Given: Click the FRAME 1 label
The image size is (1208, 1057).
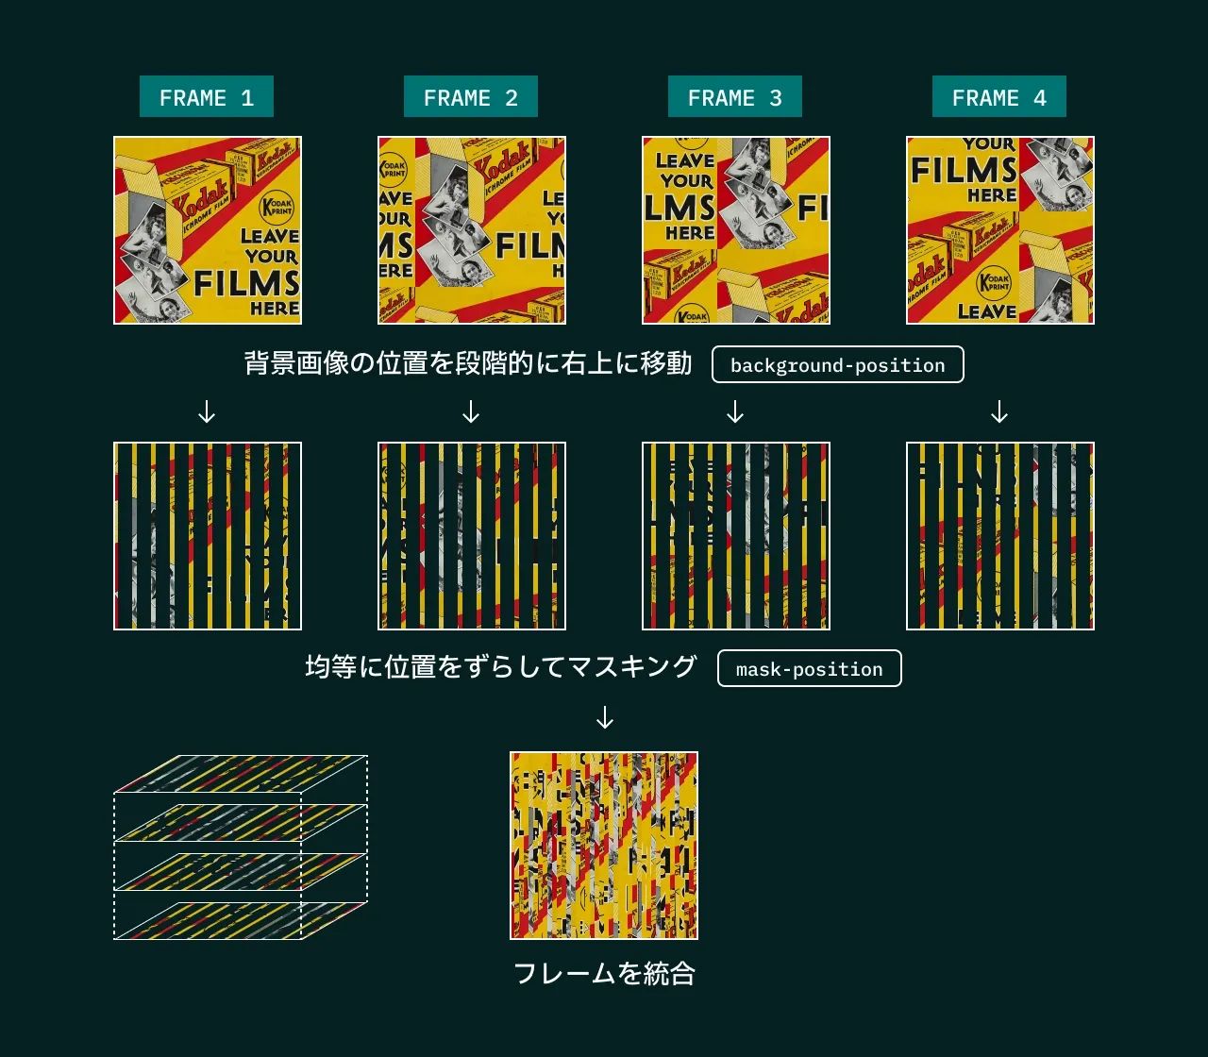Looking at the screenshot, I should click(207, 97).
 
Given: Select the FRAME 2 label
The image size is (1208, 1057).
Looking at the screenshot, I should click(471, 97).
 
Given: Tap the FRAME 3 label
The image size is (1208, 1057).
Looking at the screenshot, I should click(735, 97).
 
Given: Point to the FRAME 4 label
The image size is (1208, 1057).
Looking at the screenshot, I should click(999, 97).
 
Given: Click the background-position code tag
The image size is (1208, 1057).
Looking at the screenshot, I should click(837, 365).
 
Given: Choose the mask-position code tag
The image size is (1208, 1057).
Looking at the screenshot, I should click(809, 669).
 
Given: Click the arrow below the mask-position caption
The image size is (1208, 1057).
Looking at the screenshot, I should click(605, 718).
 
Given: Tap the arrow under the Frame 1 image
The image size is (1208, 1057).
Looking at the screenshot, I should click(207, 412).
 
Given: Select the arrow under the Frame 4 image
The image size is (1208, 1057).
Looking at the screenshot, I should click(999, 412).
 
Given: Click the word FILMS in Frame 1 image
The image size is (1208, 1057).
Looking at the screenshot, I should click(247, 283).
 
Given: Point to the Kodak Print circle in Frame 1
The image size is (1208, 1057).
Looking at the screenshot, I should click(277, 207).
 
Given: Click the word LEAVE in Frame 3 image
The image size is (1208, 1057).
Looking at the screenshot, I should click(684, 160).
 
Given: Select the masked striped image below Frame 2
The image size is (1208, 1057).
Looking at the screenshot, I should click(472, 536).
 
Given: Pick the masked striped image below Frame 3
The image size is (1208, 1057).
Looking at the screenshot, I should click(736, 536).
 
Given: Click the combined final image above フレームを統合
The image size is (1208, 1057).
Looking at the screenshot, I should click(604, 846).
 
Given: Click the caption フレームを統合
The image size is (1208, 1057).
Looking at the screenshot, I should click(604, 974).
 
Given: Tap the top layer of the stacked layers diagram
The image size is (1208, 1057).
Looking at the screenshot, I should click(241, 773).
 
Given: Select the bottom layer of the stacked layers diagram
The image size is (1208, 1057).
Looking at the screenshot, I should click(241, 920).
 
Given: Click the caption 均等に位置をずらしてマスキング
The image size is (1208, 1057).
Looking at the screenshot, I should click(500, 667).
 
